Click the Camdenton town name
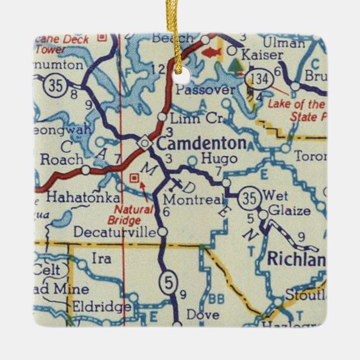click(201, 144)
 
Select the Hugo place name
click(219, 159)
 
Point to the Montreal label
click(194, 199)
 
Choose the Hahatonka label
click(82, 198)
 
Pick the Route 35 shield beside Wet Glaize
click(249, 198)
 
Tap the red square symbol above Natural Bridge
click(134, 178)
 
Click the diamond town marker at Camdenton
click(145, 144)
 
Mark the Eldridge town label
click(102, 307)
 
